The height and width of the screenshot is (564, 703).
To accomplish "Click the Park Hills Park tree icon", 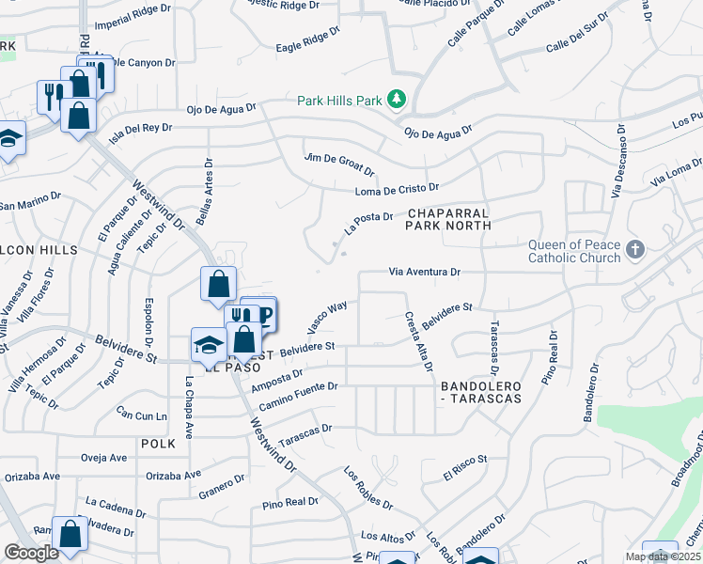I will tap(398, 99).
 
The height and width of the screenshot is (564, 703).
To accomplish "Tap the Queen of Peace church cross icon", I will tap(635, 250).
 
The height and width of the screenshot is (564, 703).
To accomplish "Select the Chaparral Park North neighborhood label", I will tap(448, 219).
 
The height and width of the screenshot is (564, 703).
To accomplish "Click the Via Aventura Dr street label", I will tap(425, 273).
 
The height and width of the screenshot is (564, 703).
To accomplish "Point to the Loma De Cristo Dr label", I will tap(398, 191).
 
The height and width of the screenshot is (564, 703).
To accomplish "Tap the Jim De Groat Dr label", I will tap(340, 164).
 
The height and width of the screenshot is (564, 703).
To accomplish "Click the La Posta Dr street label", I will tap(367, 223).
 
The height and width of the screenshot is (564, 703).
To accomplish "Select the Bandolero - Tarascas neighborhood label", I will tap(479, 392).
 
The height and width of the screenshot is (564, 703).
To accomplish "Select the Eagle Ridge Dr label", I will tap(307, 41).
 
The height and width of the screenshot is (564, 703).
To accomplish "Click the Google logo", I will tap(31, 552).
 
